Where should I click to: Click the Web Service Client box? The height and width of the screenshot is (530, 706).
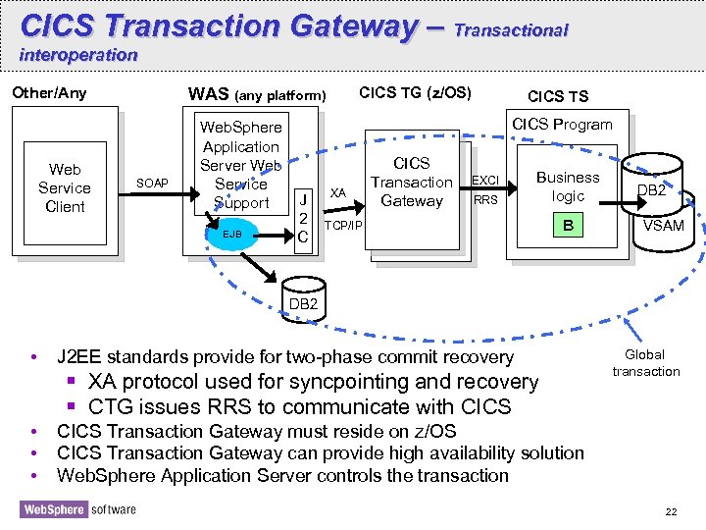pos(65,187)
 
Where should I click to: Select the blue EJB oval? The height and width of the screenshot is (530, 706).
pos(232,235)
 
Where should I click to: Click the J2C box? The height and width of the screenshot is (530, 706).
pos(304,218)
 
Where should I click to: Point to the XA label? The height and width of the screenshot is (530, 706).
pos(337,192)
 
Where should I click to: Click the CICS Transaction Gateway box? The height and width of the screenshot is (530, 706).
pos(411,183)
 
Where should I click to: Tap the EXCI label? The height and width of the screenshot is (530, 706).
pos(485,181)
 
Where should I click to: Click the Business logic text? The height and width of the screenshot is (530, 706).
pos(568,186)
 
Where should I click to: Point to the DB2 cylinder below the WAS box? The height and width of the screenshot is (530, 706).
pos(303,297)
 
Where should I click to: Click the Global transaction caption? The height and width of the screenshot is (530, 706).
pos(645,363)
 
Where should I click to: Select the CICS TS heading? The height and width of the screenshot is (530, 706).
pos(558,96)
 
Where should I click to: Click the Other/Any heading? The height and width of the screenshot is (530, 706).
pos(49,94)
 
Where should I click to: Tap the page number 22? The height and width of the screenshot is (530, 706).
pos(671,512)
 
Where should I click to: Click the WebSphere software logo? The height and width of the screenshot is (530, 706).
pos(77,509)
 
